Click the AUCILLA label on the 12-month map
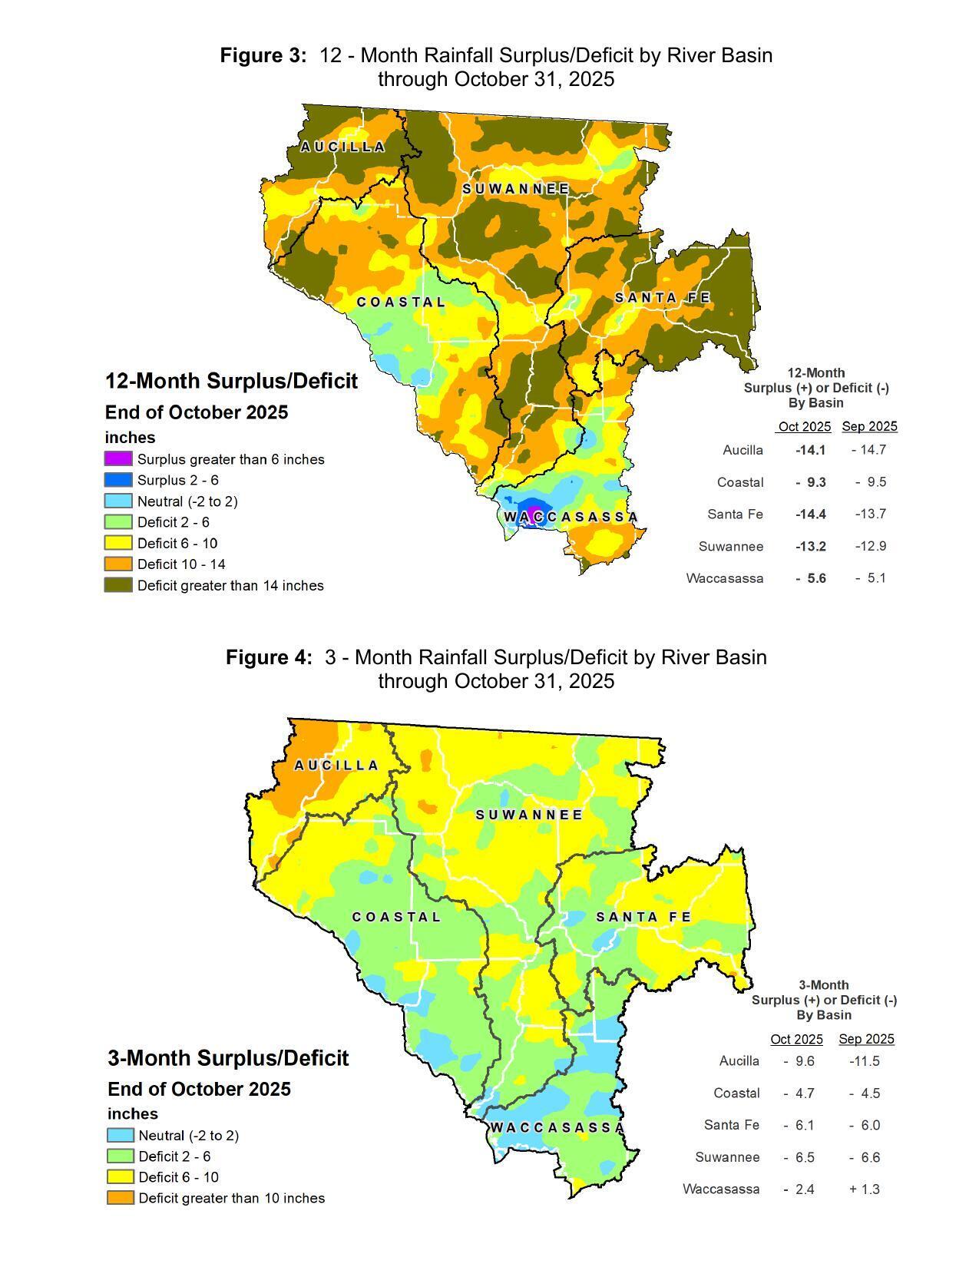tap(342, 147)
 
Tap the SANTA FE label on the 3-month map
tap(643, 917)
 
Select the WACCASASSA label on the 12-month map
tap(571, 517)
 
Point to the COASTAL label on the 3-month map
tap(396, 917)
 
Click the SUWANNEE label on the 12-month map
tap(516, 189)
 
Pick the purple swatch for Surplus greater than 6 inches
tap(118, 459)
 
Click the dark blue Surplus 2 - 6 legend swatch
tap(118, 480)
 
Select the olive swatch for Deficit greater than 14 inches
tap(118, 585)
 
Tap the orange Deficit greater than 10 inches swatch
tap(120, 1198)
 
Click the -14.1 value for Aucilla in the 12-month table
tap(810, 450)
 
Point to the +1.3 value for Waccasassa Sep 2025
tap(865, 1189)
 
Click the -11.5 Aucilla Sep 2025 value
tap(865, 1061)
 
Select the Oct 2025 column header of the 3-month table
tap(796, 1039)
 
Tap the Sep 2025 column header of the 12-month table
tap(869, 426)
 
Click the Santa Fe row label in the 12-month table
tap(735, 514)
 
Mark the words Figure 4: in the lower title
tap(269, 657)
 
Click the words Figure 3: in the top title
tap(263, 55)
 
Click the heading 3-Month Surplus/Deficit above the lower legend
tap(228, 1058)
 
